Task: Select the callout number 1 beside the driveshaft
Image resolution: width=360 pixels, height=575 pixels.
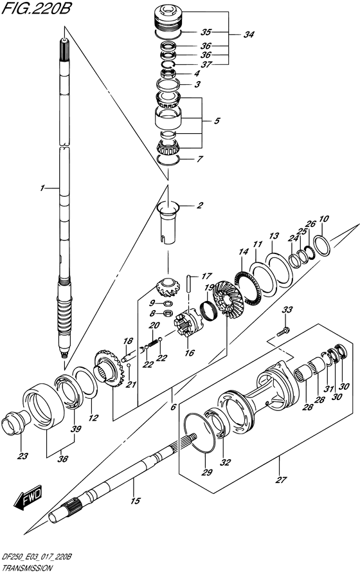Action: [42, 188]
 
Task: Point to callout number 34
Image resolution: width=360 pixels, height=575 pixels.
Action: [248, 35]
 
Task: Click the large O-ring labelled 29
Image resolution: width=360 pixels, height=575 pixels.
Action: [199, 438]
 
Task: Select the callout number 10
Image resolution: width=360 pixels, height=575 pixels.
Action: [323, 219]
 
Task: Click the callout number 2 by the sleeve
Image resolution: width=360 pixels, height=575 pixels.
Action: [200, 206]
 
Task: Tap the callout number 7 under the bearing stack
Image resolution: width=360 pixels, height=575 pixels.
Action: [200, 158]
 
